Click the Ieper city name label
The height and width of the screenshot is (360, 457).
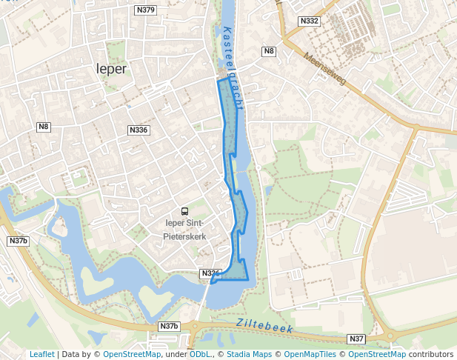pos(112,69)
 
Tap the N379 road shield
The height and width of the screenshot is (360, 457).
pos(146,10)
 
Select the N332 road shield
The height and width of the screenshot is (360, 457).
pos(309,21)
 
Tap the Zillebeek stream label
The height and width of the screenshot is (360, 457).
pos(265,325)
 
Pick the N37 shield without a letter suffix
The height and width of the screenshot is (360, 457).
pos(356,339)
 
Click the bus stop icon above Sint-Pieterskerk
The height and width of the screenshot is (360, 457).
pos(184,211)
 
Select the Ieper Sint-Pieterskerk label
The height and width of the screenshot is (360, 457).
pos(184,230)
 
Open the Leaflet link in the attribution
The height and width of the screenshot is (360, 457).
pos(42,354)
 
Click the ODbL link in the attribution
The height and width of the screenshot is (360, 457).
pos(200,354)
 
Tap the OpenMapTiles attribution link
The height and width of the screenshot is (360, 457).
pos(307,354)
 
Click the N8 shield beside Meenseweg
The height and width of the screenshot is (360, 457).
pos(269,51)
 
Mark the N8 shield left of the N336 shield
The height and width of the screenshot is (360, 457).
pos(44,127)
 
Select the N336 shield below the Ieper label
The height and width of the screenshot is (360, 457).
pos(139,130)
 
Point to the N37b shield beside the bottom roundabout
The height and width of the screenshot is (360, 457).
pos(169,326)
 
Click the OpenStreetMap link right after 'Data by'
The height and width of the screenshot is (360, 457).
pos(132,354)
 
